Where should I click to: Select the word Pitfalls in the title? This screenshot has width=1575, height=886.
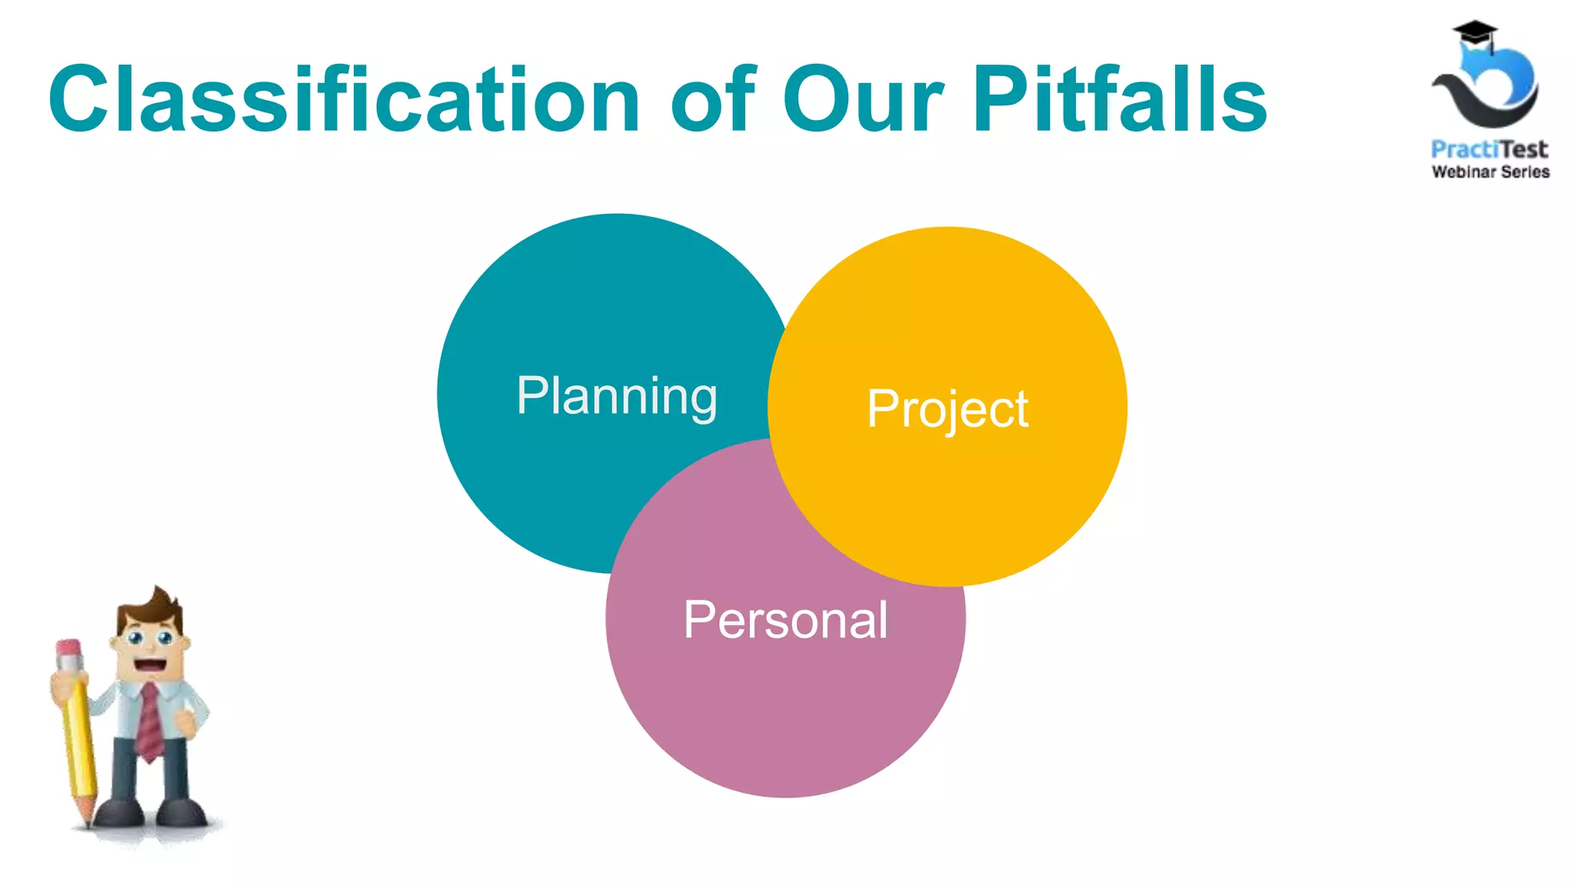(x=1120, y=100)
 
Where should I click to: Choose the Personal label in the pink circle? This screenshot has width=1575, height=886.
(x=785, y=620)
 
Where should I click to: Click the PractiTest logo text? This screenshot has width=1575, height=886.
(x=1489, y=149)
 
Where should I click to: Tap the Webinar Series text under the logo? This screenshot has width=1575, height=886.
(x=1490, y=172)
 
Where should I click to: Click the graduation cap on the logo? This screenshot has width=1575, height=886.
(x=1475, y=35)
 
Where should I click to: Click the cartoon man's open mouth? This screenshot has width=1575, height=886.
(x=151, y=664)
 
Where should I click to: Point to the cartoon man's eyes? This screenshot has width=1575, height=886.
(x=150, y=638)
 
